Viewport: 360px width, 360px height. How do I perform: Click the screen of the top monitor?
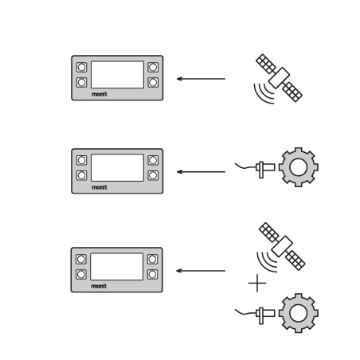click(117, 75)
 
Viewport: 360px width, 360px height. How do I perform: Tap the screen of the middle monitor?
click(117, 168)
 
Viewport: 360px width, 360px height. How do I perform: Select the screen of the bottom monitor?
click(117, 267)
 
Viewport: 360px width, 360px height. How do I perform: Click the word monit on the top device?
click(100, 94)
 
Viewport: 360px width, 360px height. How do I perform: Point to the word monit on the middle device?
click(100, 187)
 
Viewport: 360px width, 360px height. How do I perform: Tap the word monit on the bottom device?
click(99, 286)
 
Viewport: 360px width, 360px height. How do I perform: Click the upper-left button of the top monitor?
click(81, 67)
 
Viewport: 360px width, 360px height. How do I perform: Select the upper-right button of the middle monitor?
click(153, 160)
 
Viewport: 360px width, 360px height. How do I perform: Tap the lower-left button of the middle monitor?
click(81, 175)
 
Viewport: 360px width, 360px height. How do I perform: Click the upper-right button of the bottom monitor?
click(152, 259)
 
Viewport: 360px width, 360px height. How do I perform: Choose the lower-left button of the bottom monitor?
click(81, 274)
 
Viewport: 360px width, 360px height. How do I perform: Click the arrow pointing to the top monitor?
click(201, 79)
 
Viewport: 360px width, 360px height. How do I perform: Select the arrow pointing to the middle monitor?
click(201, 172)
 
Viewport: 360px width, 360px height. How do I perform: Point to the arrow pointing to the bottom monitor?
click(201, 271)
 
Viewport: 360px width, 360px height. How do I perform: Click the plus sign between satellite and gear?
click(257, 284)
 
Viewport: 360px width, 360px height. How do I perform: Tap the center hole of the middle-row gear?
click(299, 167)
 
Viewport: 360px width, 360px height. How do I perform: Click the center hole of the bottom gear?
click(299, 313)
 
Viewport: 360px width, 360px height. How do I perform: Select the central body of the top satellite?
click(279, 78)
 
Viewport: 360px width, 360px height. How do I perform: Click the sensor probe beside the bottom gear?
click(265, 314)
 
